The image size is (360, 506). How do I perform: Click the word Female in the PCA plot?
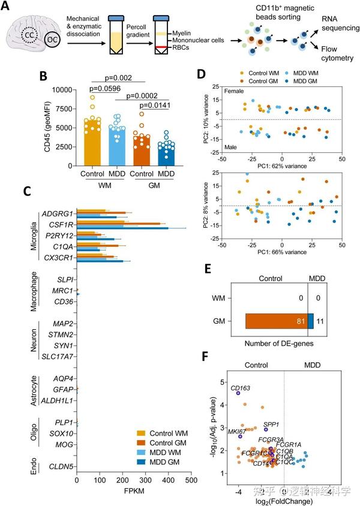coord(235,91)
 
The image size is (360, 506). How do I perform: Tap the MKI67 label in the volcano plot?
coord(235,431)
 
